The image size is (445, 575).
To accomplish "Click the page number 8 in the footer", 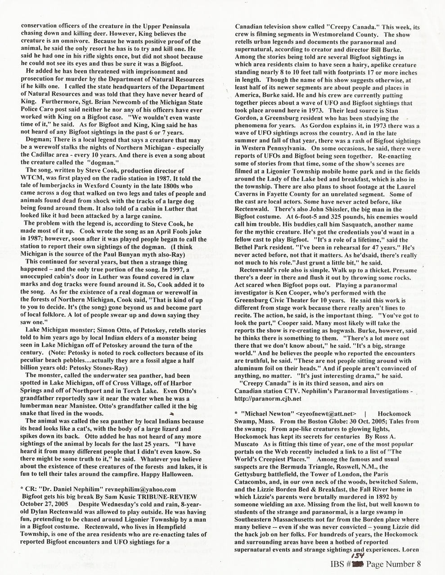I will (418, 564).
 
